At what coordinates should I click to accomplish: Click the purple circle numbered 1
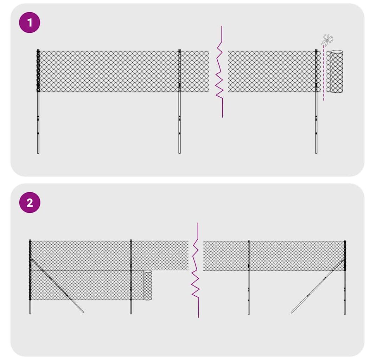click(x=30, y=23)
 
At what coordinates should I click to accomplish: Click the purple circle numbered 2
click(x=30, y=203)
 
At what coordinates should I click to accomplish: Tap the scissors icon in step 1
click(x=327, y=39)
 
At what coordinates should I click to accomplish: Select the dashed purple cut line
click(x=324, y=73)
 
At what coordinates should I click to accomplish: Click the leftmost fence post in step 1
click(x=38, y=101)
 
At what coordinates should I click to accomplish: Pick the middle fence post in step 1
click(x=179, y=101)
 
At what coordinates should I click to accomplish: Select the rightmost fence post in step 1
click(x=316, y=101)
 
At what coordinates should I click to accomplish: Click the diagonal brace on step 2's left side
click(x=58, y=286)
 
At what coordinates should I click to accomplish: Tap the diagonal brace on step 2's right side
click(x=317, y=286)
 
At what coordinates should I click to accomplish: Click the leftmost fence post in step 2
click(x=30, y=277)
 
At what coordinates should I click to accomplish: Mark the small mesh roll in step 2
click(x=147, y=285)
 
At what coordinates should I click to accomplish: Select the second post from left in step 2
click(x=131, y=277)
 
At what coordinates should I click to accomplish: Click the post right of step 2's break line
click(x=249, y=277)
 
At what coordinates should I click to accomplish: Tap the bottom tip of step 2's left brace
click(x=83, y=312)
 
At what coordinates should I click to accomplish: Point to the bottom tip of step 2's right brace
click(x=292, y=313)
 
